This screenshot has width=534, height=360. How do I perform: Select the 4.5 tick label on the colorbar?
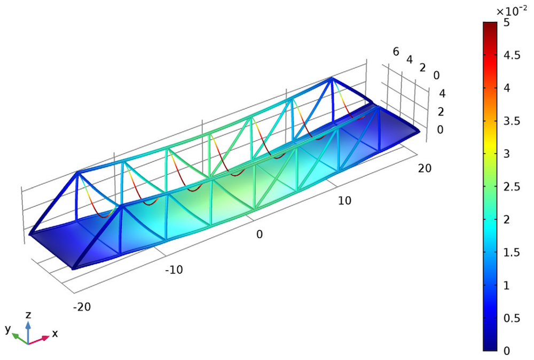(x=512, y=55)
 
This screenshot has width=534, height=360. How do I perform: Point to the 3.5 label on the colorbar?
(x=512, y=121)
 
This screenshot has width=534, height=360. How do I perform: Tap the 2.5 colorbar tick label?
(x=512, y=186)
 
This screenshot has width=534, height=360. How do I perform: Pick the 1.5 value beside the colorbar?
(x=512, y=253)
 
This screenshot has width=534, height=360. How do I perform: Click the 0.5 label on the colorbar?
(x=512, y=318)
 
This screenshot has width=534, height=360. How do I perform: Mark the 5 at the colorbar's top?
(x=507, y=22)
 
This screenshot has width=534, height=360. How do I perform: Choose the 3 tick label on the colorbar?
(x=507, y=154)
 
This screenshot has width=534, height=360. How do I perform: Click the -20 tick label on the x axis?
(x=82, y=307)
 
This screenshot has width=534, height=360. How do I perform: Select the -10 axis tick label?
(x=174, y=270)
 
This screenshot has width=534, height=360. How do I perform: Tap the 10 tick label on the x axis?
(x=344, y=201)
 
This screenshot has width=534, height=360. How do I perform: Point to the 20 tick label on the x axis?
(x=425, y=168)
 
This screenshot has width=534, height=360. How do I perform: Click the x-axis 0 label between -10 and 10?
(x=260, y=234)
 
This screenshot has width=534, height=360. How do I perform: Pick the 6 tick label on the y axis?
(x=396, y=52)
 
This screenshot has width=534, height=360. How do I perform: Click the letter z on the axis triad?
(x=29, y=315)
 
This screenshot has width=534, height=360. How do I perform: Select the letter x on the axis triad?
(x=55, y=333)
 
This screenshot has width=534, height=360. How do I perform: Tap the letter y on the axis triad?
(x=8, y=329)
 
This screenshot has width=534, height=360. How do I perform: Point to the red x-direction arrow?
(x=39, y=340)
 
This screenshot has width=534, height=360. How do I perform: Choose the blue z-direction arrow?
(x=28, y=332)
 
